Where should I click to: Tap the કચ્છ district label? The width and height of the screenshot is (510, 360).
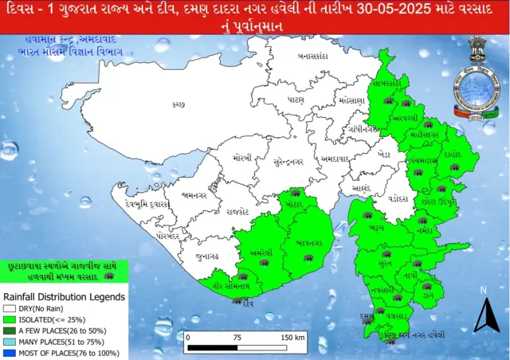(178, 104)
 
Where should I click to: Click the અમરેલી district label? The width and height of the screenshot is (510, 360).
(261, 252)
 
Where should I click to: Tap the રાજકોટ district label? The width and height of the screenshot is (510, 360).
(237, 212)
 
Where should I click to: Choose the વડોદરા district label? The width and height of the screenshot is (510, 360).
(391, 194)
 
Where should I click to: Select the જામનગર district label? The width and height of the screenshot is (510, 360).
(194, 194)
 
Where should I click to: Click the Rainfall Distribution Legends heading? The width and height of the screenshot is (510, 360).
(64, 296)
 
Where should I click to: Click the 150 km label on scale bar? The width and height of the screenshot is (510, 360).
(292, 337)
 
